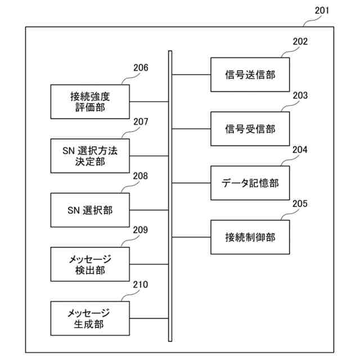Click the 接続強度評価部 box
[x=89, y=102]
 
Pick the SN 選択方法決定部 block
[x=89, y=156]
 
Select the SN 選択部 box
[x=89, y=210]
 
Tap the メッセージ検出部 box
[x=89, y=264]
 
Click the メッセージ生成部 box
[x=89, y=318]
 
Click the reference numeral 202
[x=300, y=42]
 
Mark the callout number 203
[x=300, y=96]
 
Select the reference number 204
[x=300, y=150]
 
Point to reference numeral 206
[x=141, y=68]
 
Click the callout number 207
[x=141, y=122]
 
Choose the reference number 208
[x=141, y=176]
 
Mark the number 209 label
[x=141, y=230]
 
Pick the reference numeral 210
[x=141, y=285]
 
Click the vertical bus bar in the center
[x=170, y=197]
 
